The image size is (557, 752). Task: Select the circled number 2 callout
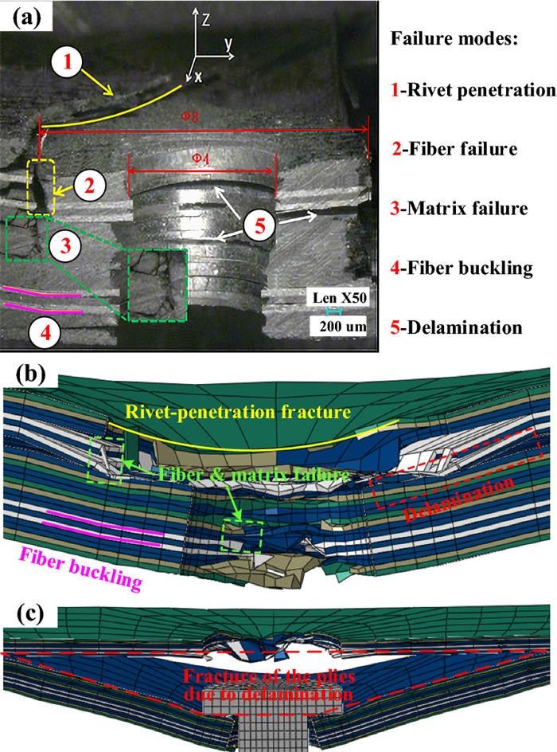(92, 187)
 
